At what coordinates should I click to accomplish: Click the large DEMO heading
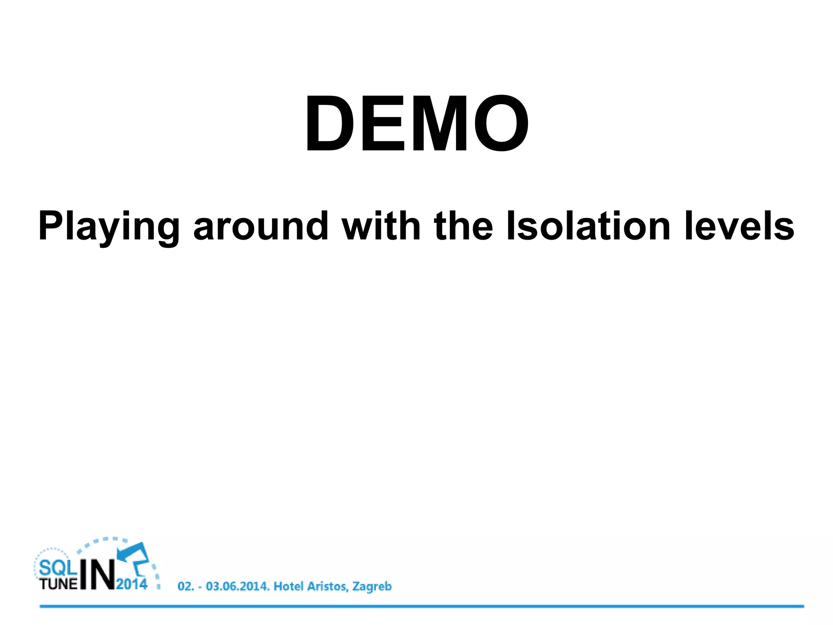[x=417, y=123]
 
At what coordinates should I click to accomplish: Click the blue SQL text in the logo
[x=58, y=567]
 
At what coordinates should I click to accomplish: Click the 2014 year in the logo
[x=132, y=584]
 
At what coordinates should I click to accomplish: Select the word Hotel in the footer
[x=288, y=586]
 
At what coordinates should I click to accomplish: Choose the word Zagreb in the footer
[x=372, y=587]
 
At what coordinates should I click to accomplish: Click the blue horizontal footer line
[x=421, y=606]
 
